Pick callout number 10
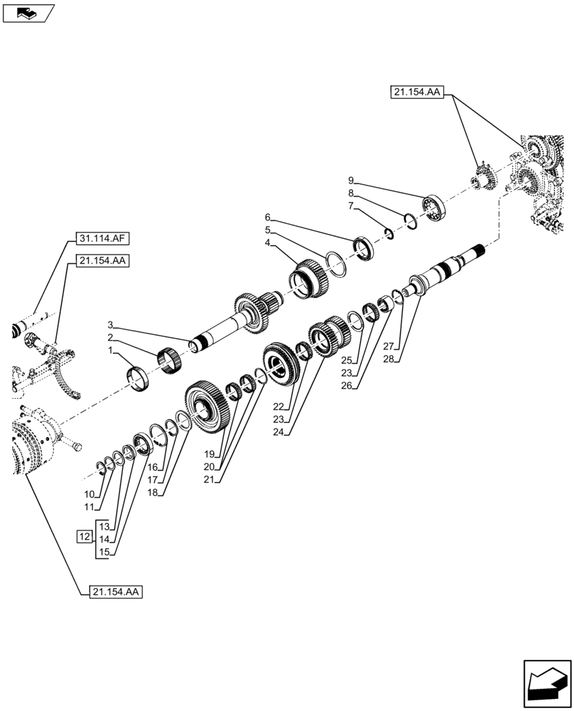[89, 494]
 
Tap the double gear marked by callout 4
[310, 278]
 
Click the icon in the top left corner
[28, 12]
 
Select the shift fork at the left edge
[64, 370]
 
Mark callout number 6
[268, 217]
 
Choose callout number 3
[111, 325]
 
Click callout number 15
[105, 552]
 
